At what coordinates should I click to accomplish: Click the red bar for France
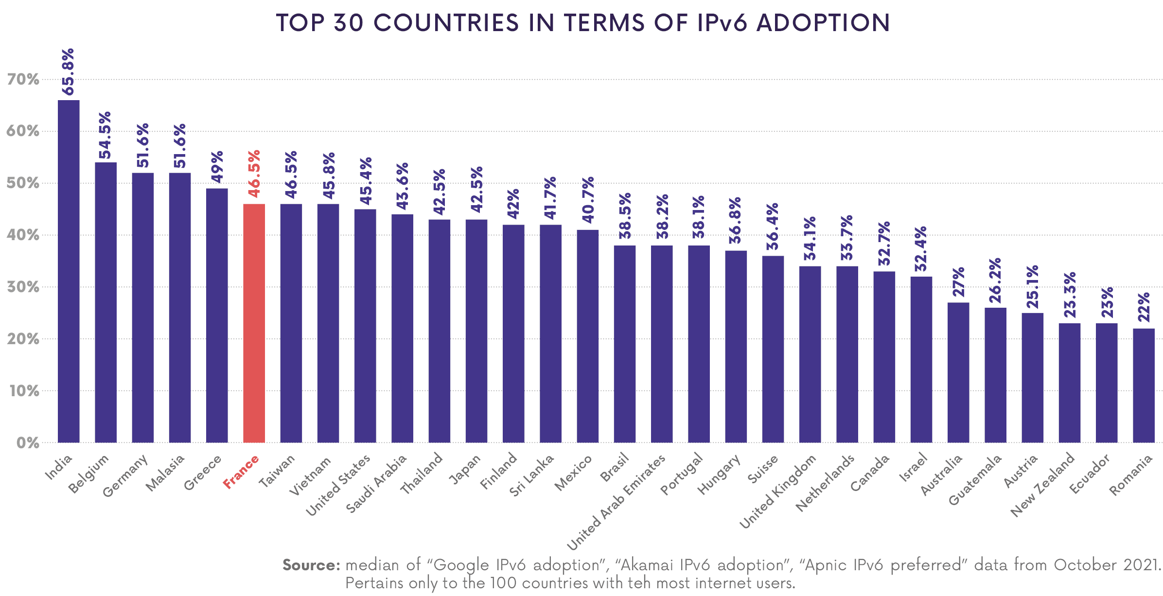click(254, 323)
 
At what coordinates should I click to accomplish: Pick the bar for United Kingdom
click(810, 354)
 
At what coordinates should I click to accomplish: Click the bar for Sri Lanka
click(550, 333)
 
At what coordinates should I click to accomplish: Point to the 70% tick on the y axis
click(23, 79)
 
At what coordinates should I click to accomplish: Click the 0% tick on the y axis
click(28, 443)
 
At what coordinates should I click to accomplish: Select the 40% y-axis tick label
click(23, 235)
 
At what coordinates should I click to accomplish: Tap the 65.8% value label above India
click(68, 72)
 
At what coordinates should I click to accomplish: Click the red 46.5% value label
click(254, 174)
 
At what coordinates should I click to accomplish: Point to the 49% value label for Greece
click(217, 167)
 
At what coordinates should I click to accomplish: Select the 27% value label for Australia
click(958, 282)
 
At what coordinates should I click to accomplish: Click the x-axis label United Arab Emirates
click(616, 503)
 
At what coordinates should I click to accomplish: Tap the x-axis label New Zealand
click(1042, 485)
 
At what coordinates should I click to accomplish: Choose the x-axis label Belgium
click(88, 474)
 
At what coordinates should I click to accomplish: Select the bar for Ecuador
click(1106, 383)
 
